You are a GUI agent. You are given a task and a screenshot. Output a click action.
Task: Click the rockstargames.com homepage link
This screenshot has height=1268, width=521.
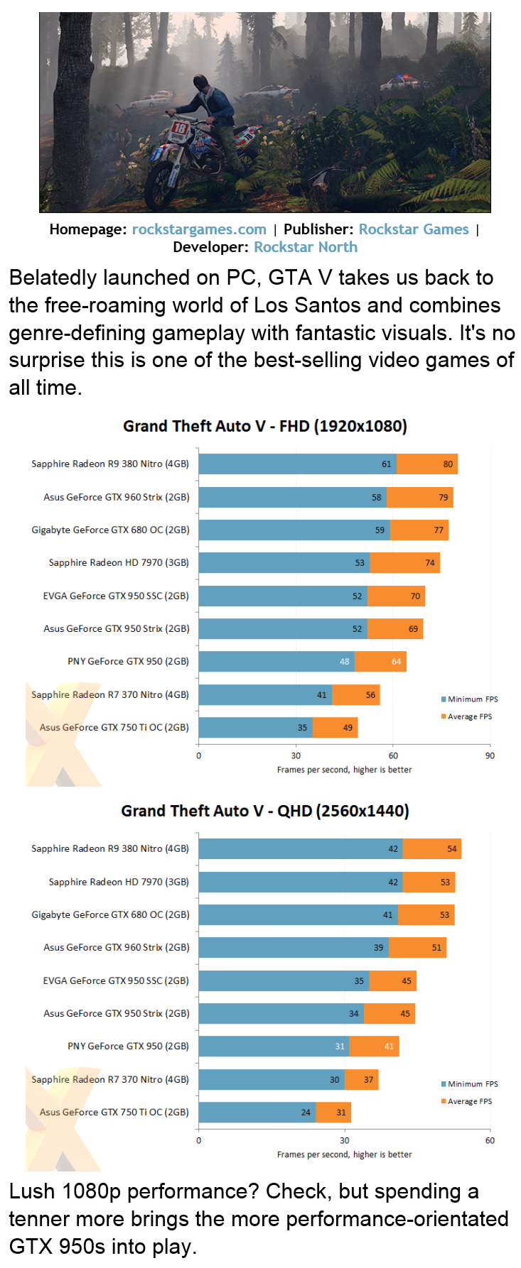tap(199, 229)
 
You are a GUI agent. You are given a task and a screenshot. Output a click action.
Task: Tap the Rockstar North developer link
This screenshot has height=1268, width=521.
tap(306, 247)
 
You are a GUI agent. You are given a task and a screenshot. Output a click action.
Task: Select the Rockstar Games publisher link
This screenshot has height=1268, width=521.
tap(414, 229)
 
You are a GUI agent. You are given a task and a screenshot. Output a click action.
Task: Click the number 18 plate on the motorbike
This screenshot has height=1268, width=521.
tap(179, 129)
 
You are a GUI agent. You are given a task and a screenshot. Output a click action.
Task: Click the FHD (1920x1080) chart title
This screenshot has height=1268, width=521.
tap(265, 426)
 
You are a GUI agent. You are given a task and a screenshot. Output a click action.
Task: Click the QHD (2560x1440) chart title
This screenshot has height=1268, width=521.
tap(265, 811)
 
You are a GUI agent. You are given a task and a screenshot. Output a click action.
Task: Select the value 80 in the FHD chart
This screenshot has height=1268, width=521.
tap(448, 464)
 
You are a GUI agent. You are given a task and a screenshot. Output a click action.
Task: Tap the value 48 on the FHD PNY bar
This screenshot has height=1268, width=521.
tap(345, 662)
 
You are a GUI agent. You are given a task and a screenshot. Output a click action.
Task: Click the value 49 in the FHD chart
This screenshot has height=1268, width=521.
tap(348, 728)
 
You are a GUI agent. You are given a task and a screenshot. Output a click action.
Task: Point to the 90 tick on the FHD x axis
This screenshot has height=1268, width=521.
tap(490, 755)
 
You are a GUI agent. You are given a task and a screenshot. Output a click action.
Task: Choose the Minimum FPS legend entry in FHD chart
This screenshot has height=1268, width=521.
tap(470, 699)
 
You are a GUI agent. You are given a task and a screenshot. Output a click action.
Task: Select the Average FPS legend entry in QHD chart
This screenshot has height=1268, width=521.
tap(467, 1101)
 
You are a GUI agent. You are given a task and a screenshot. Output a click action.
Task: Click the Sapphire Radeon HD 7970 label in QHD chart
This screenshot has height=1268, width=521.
tap(119, 882)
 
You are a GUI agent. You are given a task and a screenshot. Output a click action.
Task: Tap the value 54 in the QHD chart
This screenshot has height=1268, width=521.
tap(452, 849)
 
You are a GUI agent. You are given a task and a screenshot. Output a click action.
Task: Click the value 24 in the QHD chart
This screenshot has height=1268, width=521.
tap(306, 1113)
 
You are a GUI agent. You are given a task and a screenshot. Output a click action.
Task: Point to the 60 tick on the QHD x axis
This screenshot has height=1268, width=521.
tap(490, 1140)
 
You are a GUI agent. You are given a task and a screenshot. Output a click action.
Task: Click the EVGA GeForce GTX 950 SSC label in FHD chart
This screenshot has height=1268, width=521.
tap(116, 596)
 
